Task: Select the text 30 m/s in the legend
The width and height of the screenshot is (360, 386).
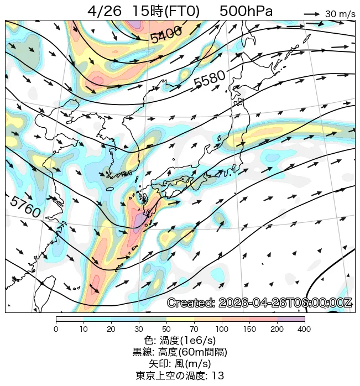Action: (340, 14)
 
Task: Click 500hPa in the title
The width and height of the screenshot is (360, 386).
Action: (246, 11)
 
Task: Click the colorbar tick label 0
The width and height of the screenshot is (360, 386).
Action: (56, 330)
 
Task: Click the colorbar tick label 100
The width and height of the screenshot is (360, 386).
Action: (222, 330)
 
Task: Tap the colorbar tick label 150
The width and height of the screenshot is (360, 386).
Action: (249, 330)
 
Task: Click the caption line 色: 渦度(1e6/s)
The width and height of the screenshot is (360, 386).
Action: (180, 340)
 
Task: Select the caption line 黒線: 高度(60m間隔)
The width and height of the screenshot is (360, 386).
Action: (180, 352)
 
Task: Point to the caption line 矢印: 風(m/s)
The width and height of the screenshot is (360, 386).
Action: (180, 363)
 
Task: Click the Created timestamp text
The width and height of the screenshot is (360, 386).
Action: (259, 303)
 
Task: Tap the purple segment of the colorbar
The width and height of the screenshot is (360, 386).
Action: (291, 319)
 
